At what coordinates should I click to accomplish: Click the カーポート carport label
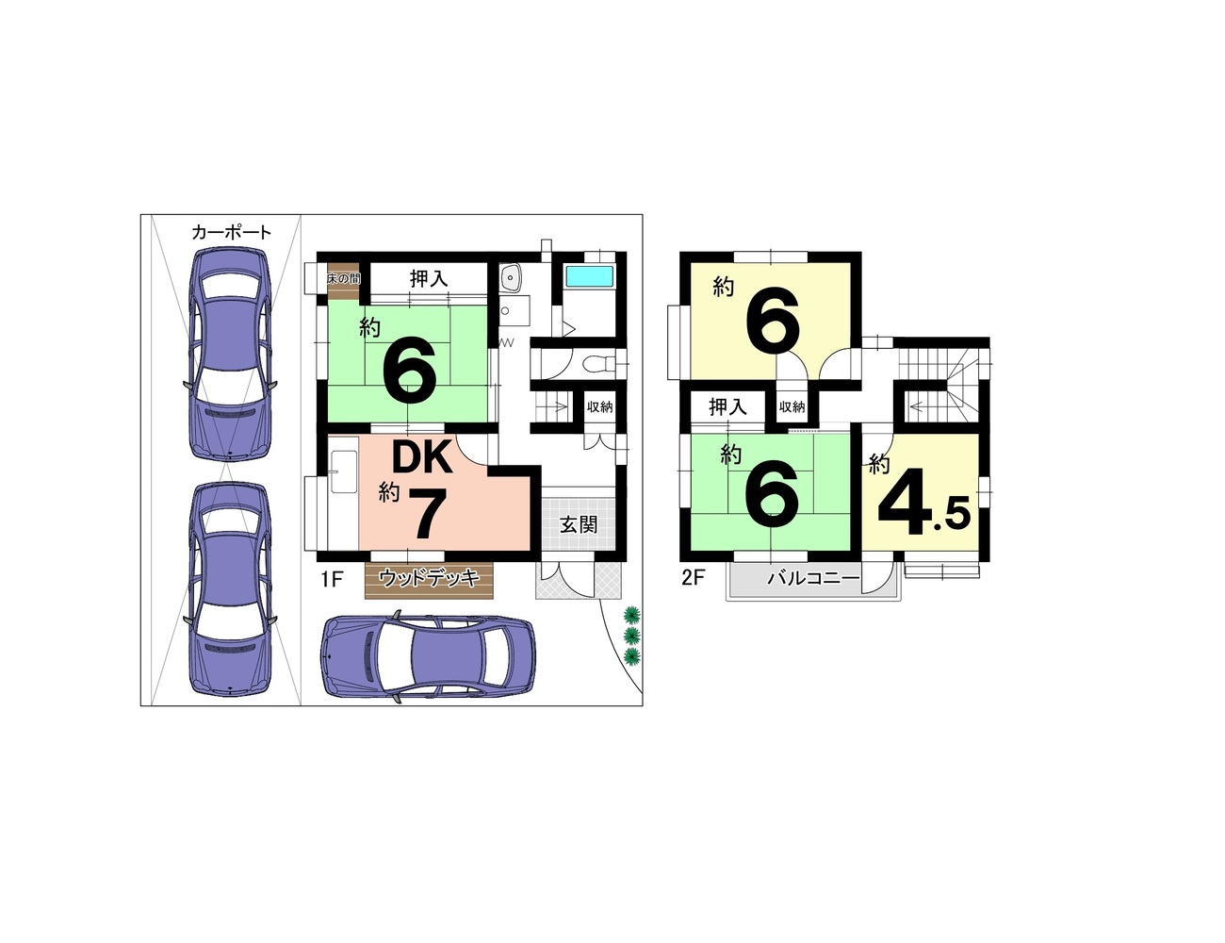coord(232,232)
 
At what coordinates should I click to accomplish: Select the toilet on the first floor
coord(596,365)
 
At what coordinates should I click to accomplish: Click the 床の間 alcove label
coord(343,278)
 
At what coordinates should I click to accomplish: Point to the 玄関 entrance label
coord(579,524)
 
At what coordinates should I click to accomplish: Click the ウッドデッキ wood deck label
coord(429,577)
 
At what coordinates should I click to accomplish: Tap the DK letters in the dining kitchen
coord(423,457)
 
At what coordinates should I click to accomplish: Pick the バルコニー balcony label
coord(814,579)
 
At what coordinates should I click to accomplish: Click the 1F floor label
coord(332,579)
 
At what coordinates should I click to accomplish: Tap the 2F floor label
coord(694,579)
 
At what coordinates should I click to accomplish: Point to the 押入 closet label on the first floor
coord(429,278)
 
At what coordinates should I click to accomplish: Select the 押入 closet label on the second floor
coord(727,406)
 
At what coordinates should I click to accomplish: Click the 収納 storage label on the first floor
coord(599,406)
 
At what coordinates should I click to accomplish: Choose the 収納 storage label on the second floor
coord(792,406)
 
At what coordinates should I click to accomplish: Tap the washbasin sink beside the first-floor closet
coord(510,277)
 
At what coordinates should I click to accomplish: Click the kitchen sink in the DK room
coord(343,471)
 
